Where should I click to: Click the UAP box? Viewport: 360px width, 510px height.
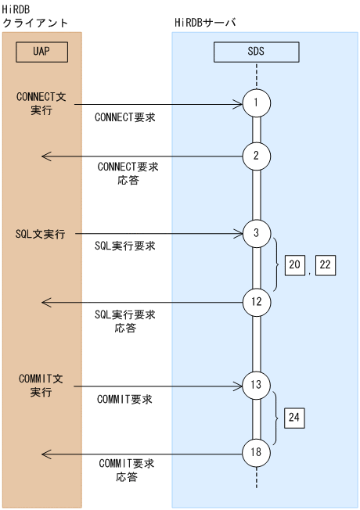pyautogui.click(x=41, y=52)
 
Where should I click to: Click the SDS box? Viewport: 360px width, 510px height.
pyautogui.click(x=256, y=52)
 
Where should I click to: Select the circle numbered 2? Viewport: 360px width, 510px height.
pyautogui.click(x=256, y=156)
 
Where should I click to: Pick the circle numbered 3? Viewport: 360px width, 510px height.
pyautogui.click(x=256, y=233)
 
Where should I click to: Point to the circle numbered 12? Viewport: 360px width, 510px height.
pyautogui.click(x=256, y=301)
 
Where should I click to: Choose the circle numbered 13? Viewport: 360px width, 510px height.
pyautogui.click(x=256, y=386)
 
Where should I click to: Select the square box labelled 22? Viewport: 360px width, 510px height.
pyautogui.click(x=326, y=266)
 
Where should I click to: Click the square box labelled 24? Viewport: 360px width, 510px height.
pyautogui.click(x=294, y=418)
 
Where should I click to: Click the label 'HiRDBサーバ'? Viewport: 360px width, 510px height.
pyautogui.click(x=206, y=23)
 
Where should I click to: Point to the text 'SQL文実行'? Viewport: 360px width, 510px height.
pyautogui.click(x=40, y=234)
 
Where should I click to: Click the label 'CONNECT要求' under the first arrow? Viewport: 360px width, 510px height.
pyautogui.click(x=124, y=117)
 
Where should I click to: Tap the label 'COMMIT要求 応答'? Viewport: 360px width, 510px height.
pyautogui.click(x=126, y=470)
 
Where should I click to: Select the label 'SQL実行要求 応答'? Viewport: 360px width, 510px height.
pyautogui.click(x=125, y=321)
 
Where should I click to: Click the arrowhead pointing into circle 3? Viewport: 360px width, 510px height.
pyautogui.click(x=239, y=233)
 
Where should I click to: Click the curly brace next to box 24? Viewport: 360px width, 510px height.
pyautogui.click(x=278, y=419)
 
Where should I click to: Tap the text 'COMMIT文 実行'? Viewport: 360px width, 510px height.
pyautogui.click(x=41, y=385)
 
